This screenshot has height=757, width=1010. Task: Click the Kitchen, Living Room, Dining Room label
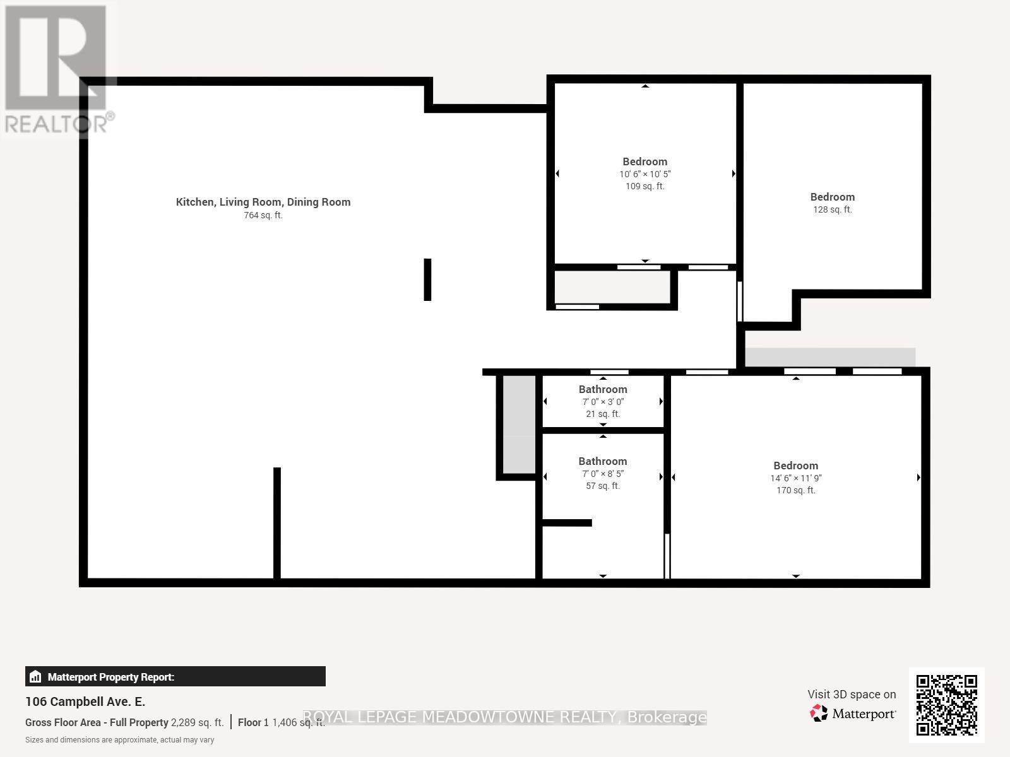click(x=263, y=202)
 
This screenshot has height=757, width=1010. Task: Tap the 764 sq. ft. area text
click(x=263, y=215)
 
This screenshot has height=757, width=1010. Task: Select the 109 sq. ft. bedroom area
click(x=645, y=186)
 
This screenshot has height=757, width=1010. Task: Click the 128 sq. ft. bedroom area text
click(x=832, y=209)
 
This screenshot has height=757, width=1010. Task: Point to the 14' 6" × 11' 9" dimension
click(x=795, y=478)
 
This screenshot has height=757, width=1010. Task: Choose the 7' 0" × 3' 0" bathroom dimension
click(x=602, y=402)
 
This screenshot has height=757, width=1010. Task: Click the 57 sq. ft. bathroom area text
click(x=602, y=486)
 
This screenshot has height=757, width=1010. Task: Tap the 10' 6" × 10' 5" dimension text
click(x=645, y=174)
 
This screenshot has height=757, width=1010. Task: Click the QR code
click(x=946, y=705)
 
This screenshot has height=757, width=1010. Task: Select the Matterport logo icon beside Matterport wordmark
click(x=819, y=713)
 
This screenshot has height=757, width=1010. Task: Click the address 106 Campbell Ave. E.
click(x=85, y=701)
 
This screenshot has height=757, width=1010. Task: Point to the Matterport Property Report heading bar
click(x=175, y=677)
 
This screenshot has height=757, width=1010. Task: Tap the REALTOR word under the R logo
click(x=57, y=124)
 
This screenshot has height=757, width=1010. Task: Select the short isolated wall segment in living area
click(x=427, y=279)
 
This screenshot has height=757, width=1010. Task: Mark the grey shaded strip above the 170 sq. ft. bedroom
click(x=829, y=356)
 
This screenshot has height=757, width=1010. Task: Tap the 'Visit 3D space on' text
click(x=851, y=695)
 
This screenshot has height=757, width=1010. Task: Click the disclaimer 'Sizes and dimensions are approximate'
click(x=119, y=740)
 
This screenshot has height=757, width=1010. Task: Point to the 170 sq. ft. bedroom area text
click(x=795, y=490)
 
